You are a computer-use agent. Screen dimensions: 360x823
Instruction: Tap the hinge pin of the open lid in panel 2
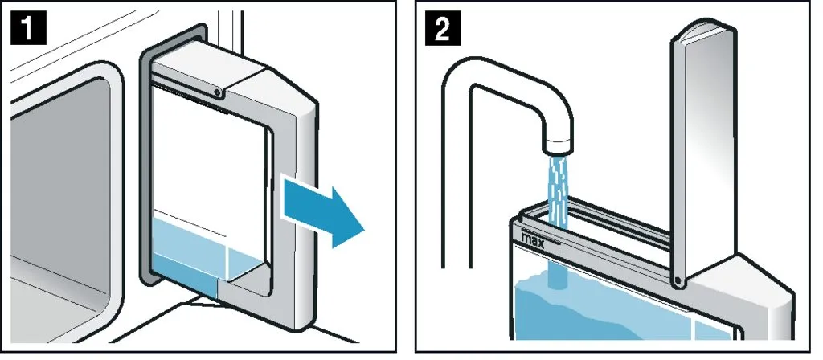point(680,279)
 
